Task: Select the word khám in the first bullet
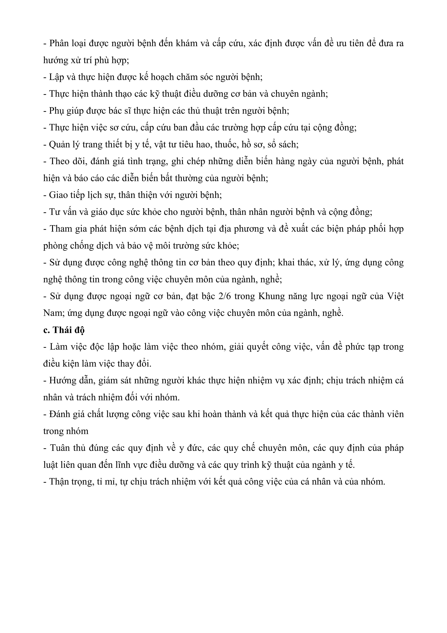183,43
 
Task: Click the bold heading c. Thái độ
64,330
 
